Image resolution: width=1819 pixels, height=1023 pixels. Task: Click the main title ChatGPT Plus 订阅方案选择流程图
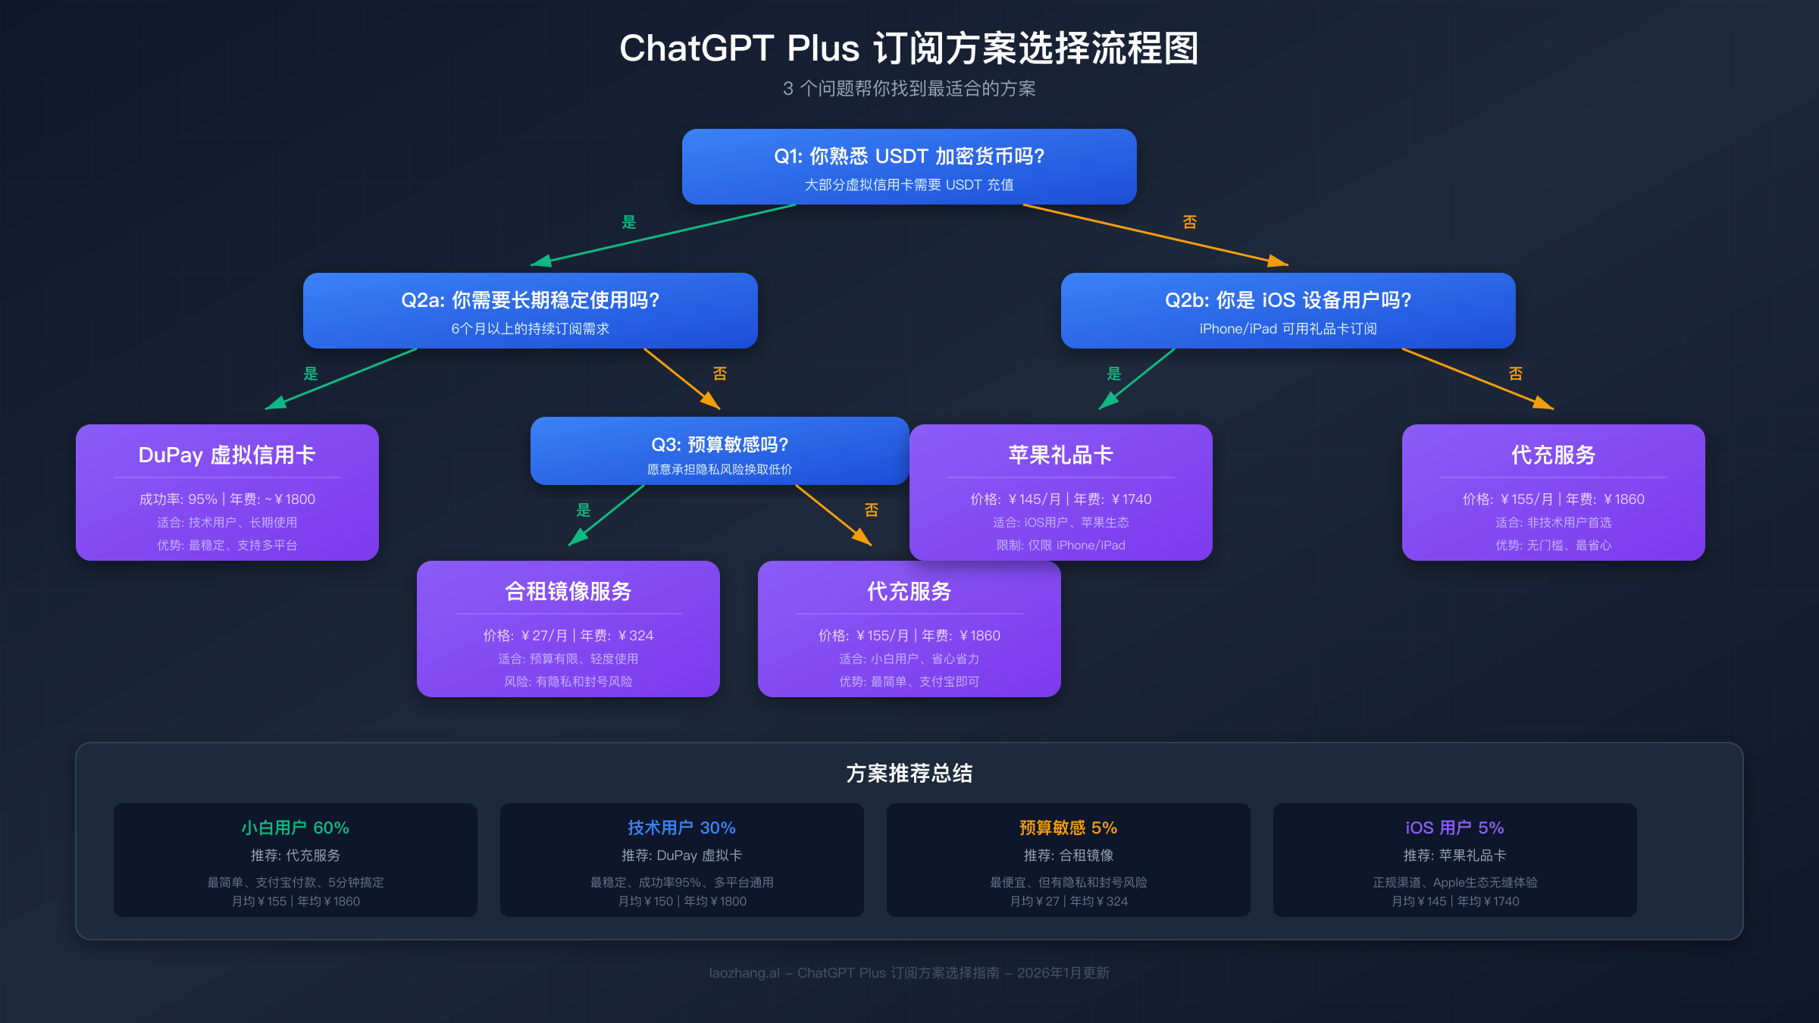tap(909, 48)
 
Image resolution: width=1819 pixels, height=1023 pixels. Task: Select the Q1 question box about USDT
tap(909, 166)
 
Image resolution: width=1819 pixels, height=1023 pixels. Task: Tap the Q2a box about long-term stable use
tap(530, 310)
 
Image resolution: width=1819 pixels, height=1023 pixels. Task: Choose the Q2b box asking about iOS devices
tap(1288, 310)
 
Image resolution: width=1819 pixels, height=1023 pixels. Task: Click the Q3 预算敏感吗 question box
tap(719, 451)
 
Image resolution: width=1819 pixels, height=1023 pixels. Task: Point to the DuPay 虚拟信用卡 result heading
tap(227, 455)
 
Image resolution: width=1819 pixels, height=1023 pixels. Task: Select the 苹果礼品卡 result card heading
tap(1060, 455)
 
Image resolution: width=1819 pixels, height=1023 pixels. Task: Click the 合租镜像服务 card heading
tap(568, 591)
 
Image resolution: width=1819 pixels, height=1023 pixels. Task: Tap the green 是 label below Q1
tap(629, 222)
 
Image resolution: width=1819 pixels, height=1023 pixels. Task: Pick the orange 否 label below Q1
tap(1190, 222)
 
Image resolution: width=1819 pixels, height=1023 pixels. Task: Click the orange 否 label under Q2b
tap(1516, 374)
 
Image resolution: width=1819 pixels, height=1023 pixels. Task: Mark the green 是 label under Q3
tap(584, 510)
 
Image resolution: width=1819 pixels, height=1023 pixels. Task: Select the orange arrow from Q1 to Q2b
tap(1152, 234)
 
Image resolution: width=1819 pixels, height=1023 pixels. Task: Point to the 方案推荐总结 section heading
tap(909, 773)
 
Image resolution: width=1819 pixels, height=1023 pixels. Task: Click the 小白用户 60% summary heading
tap(295, 827)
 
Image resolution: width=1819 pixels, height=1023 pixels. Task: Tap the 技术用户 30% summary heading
tap(681, 827)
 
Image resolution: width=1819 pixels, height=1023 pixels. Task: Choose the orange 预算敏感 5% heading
tap(1068, 827)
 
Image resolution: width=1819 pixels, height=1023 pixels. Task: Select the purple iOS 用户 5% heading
tap(1454, 827)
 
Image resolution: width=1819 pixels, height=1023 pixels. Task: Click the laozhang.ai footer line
tap(909, 973)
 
